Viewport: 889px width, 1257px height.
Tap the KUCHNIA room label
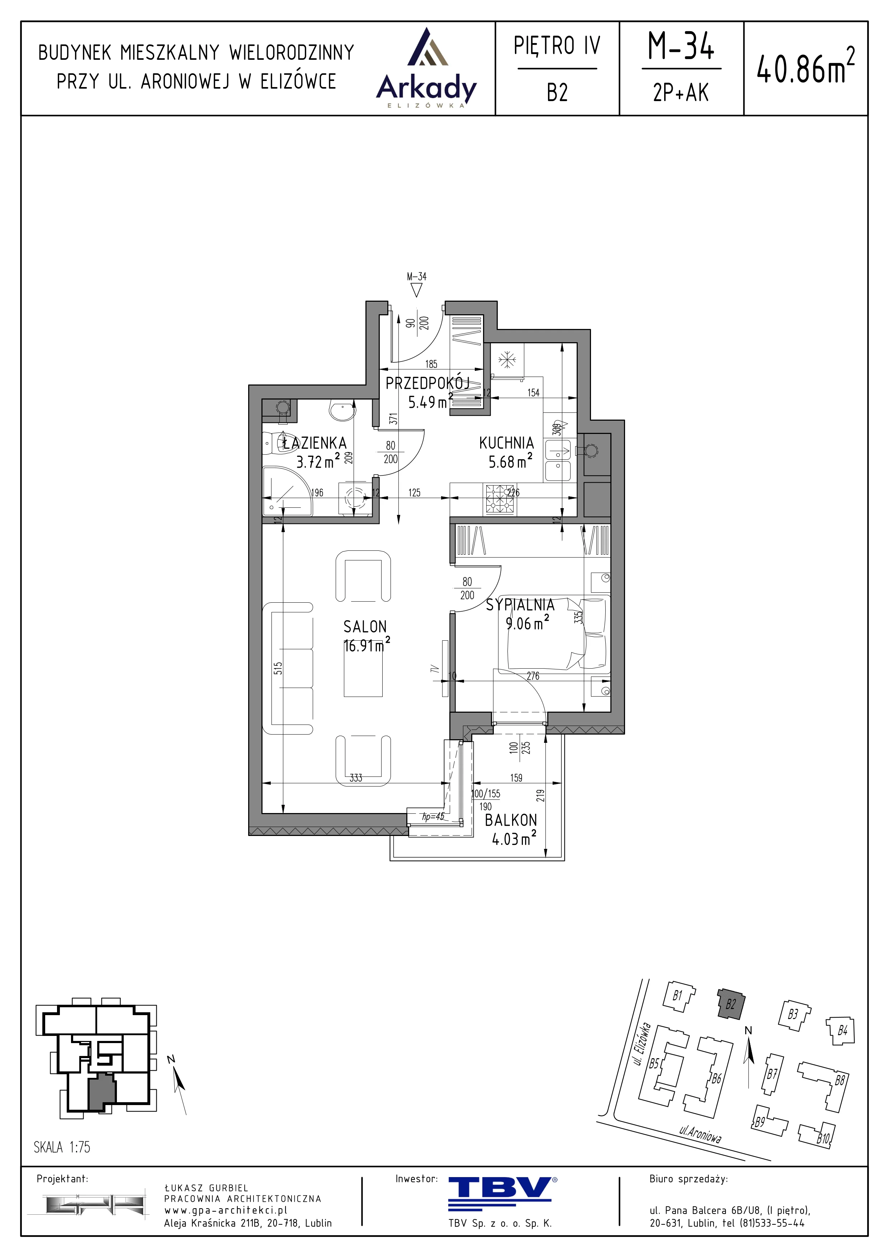pos(506,443)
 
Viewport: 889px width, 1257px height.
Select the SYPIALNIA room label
pos(520,604)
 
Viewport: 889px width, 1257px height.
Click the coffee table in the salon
pos(363,670)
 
